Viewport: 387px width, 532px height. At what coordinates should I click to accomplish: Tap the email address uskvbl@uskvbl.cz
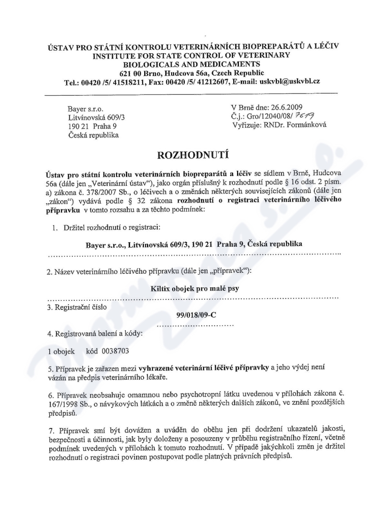[290, 81]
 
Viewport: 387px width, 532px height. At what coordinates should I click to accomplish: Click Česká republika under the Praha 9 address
[93, 135]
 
